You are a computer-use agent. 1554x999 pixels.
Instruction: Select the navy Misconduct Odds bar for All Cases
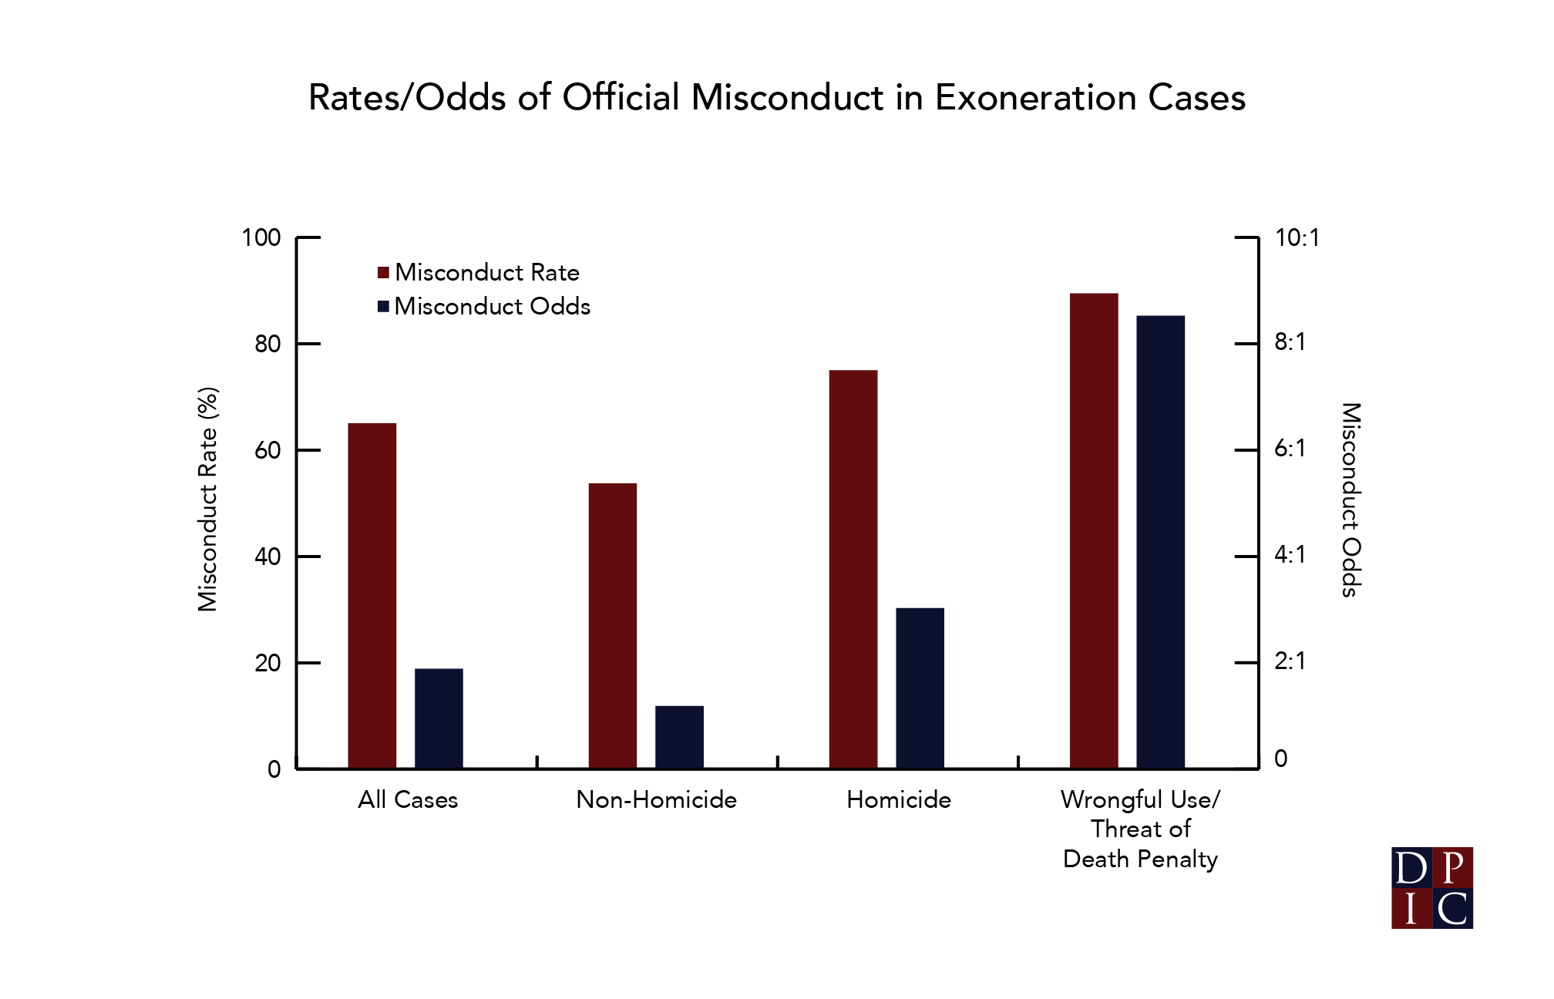(x=439, y=718)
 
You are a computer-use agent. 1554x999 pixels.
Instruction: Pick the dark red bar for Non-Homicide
(x=612, y=625)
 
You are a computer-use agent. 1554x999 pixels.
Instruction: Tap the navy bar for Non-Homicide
(x=679, y=737)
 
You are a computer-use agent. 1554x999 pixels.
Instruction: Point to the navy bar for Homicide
(x=920, y=688)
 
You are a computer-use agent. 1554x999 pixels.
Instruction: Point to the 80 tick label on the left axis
(x=267, y=344)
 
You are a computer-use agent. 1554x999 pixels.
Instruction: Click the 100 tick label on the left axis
(x=261, y=237)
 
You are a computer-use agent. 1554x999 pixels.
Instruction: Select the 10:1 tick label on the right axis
(x=1297, y=237)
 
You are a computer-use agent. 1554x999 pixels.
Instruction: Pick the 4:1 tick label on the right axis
(x=1290, y=554)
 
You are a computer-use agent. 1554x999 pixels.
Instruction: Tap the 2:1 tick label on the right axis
(x=1290, y=661)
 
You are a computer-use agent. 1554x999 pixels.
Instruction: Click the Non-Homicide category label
(x=656, y=800)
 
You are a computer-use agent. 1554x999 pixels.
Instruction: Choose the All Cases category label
(x=408, y=800)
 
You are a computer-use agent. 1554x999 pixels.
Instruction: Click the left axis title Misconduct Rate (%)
(x=208, y=499)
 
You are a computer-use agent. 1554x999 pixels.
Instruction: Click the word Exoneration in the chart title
(x=1036, y=98)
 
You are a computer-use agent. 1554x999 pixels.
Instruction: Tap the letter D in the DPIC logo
(x=1411, y=868)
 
